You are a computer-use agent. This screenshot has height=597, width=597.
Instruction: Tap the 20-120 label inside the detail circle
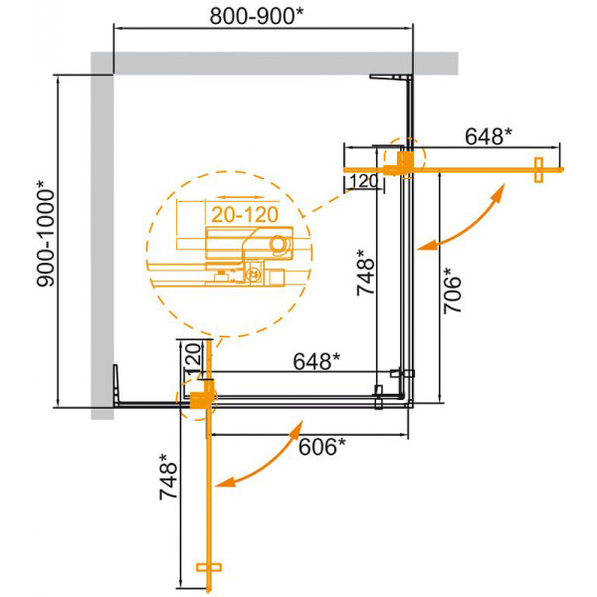coord(243,213)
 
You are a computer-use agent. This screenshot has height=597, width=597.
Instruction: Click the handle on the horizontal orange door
coord(538,170)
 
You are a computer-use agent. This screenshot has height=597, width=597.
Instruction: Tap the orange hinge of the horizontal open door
coord(402,161)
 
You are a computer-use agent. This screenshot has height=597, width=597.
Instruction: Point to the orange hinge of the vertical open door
coord(202,398)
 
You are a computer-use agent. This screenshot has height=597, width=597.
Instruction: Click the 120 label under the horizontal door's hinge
coord(364,181)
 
